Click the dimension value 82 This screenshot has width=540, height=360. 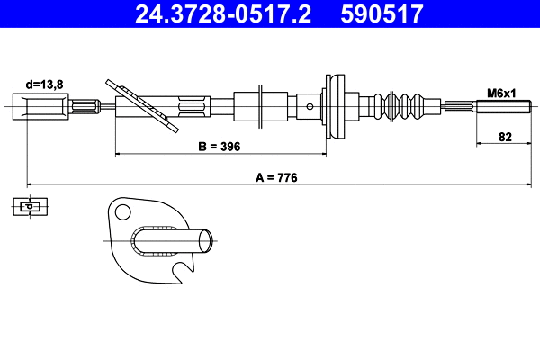pos(505,139)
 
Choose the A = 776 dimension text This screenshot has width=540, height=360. pos(276,178)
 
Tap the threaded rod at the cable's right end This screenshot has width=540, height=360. pos(499,108)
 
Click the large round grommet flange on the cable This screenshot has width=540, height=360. pos(335,105)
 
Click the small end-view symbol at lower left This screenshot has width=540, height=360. pos(30,207)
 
